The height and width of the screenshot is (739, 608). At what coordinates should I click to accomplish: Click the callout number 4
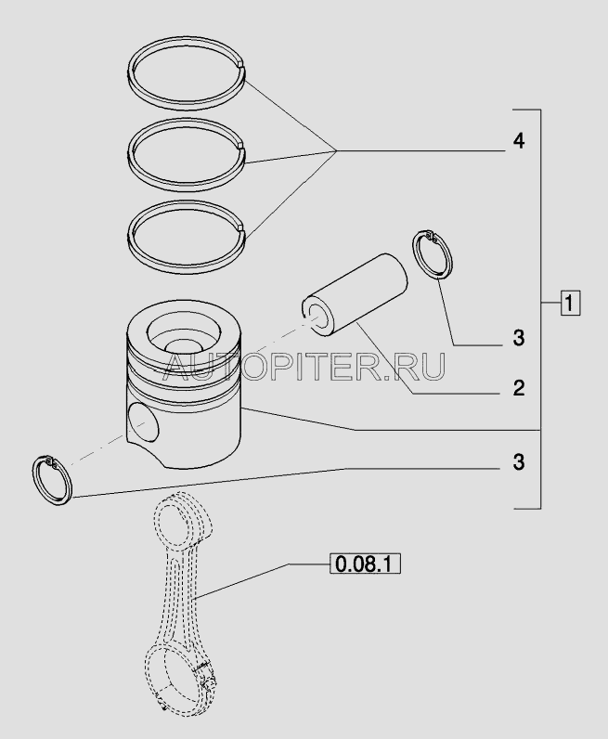pyautogui.click(x=519, y=141)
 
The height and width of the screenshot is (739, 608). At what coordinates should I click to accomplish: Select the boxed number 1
pyautogui.click(x=570, y=303)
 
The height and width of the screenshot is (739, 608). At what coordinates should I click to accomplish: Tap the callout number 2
pyautogui.click(x=519, y=388)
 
